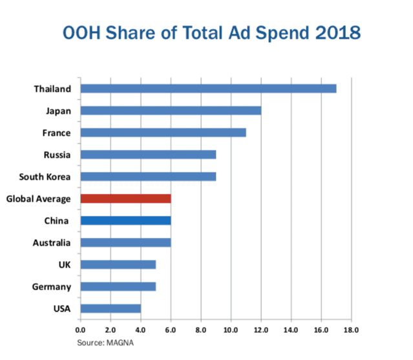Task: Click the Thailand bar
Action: [x=208, y=89]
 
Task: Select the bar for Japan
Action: [x=171, y=111]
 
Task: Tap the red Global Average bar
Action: [x=125, y=198]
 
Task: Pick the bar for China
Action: [x=125, y=220]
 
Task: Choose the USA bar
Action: [x=111, y=308]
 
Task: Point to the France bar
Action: [x=164, y=132]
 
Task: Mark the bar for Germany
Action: [x=118, y=286]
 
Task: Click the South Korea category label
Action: [x=45, y=176]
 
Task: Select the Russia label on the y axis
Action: [x=57, y=155]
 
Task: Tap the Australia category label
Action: [x=52, y=243]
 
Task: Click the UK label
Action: [x=65, y=264]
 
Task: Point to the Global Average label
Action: [x=38, y=199]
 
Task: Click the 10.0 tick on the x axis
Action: [x=231, y=330]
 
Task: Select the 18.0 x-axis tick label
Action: [x=351, y=330]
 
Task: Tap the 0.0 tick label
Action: [x=80, y=330]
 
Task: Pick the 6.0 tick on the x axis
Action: [x=171, y=330]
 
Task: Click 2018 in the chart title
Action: [x=338, y=33]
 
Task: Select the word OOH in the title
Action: [x=81, y=33]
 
